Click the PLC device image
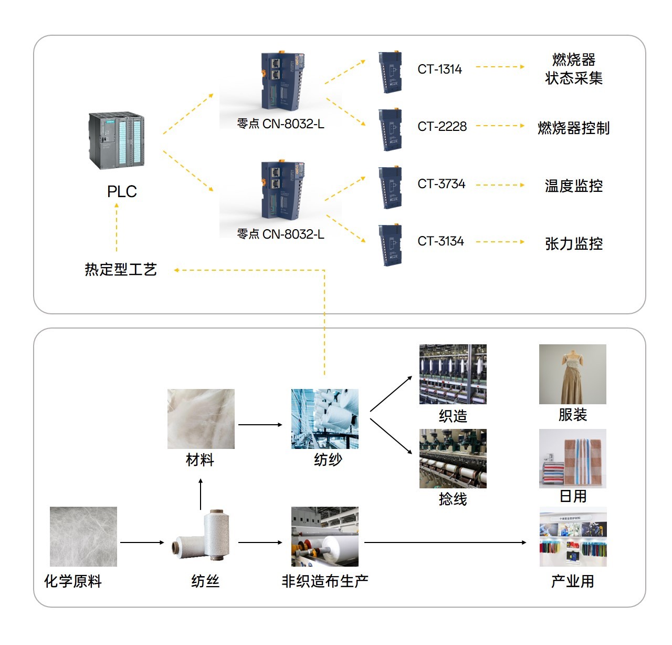(x=116, y=140)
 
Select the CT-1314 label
(x=439, y=69)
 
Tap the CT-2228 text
(x=442, y=127)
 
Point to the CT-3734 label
(x=442, y=184)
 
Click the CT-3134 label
(x=440, y=241)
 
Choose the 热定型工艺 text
(x=121, y=270)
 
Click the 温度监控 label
(x=573, y=186)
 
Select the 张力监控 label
(x=573, y=243)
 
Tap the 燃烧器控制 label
(x=573, y=128)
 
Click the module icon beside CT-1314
(x=390, y=72)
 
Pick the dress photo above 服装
(x=572, y=374)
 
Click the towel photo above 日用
(x=572, y=458)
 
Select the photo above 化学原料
(x=83, y=536)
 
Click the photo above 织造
(x=453, y=374)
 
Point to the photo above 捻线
(x=453, y=458)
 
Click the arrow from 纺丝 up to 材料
(x=201, y=494)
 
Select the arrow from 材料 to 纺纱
(x=260, y=425)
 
